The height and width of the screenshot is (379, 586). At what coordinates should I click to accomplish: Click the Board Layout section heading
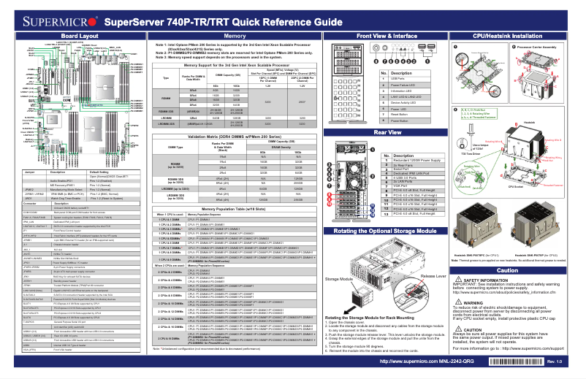[80, 36]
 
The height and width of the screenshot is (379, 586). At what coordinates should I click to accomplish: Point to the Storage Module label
[338, 278]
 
